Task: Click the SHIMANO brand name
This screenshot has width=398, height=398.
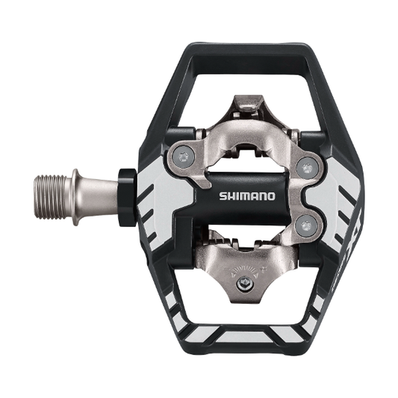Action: tap(246, 196)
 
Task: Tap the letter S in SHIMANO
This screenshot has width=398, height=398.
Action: tap(222, 196)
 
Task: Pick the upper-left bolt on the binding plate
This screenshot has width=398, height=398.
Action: tap(184, 156)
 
